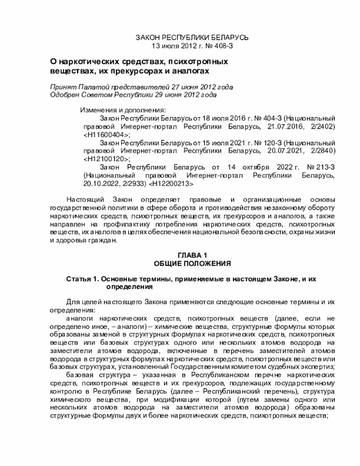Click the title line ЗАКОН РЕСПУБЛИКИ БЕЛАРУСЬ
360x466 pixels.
click(192, 37)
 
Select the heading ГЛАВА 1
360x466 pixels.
click(192, 256)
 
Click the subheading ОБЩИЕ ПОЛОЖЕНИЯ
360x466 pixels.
click(192, 263)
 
